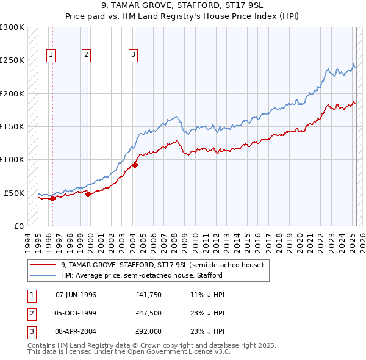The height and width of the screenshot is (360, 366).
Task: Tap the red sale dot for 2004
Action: (x=135, y=165)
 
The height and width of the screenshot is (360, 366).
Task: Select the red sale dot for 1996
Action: (x=53, y=198)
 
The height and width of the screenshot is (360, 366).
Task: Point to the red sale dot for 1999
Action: (x=88, y=194)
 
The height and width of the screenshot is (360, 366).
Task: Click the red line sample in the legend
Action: (x=43, y=265)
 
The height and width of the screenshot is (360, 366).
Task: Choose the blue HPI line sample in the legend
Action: (x=43, y=275)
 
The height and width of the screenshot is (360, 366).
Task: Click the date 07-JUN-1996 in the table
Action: (x=76, y=295)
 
